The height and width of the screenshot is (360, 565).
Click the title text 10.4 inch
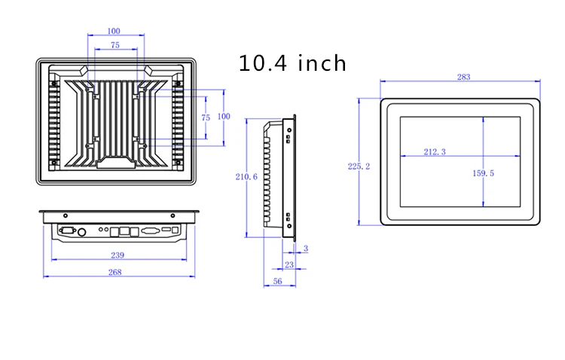[292, 63]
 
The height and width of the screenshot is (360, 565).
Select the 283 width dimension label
[465, 77]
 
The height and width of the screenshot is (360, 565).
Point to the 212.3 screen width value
[435, 152]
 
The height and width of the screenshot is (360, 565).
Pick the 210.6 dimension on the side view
[246, 177]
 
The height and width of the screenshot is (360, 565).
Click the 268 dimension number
[115, 272]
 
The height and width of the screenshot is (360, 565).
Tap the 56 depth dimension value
[277, 281]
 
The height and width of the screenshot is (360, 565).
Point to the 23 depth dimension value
[289, 264]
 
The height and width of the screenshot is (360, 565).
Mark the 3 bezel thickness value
[304, 249]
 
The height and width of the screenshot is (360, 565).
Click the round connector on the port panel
[82, 230]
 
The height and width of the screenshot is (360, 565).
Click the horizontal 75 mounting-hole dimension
[115, 45]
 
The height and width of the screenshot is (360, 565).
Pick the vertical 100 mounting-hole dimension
[223, 117]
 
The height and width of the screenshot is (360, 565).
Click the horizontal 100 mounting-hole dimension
[114, 31]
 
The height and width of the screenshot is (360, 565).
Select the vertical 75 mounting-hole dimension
[205, 119]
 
